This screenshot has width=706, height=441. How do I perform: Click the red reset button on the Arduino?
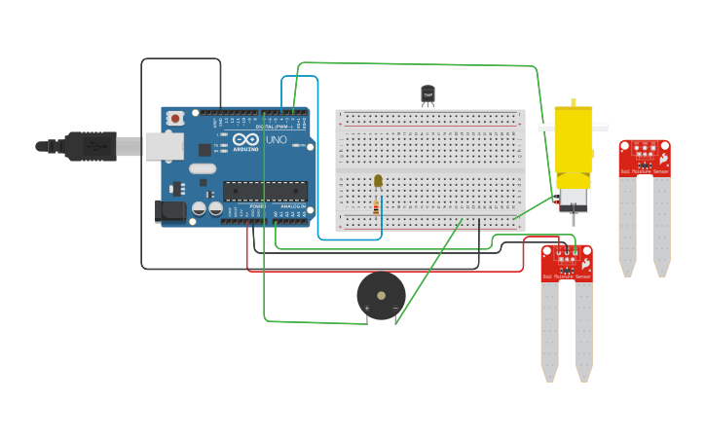coord(174,118)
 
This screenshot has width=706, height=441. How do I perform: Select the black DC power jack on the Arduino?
coord(170,211)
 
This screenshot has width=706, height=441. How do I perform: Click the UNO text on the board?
coord(276,140)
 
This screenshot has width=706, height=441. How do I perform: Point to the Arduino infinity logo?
coord(245,140)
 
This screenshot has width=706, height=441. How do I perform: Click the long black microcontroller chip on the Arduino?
coord(265,191)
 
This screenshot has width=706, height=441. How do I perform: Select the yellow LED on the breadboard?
coord(378,180)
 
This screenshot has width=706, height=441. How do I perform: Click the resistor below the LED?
coord(377,207)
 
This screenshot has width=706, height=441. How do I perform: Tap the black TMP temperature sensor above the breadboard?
coord(427,94)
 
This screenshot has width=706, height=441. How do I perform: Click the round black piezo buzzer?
coord(381,295)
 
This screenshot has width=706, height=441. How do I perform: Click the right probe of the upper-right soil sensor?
coord(661,224)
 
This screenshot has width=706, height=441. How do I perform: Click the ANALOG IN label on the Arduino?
coord(291,206)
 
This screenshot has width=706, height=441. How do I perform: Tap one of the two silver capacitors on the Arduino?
coord(199,208)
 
